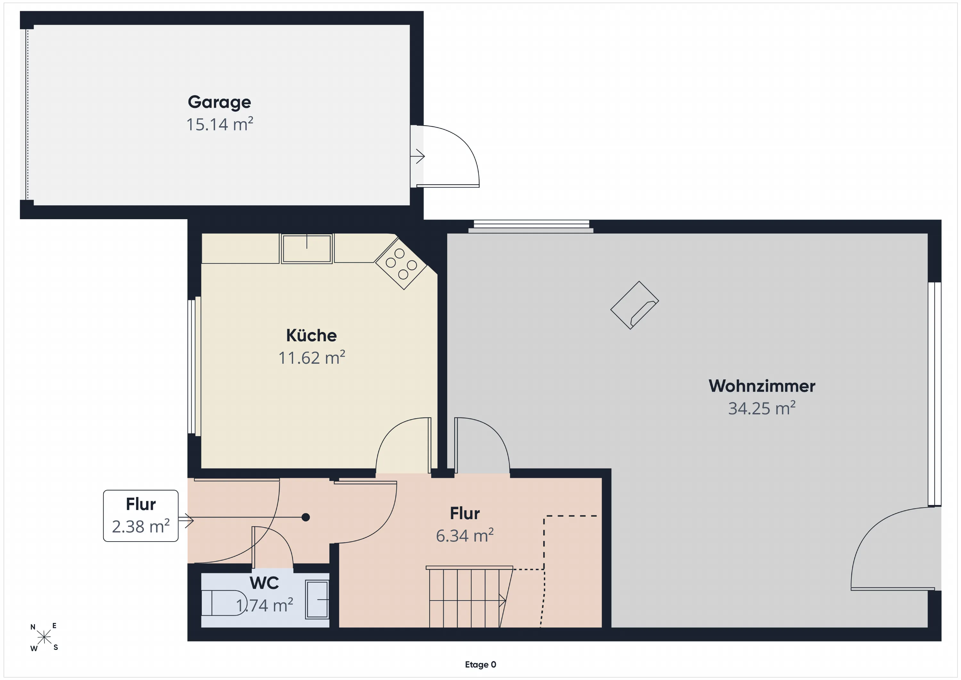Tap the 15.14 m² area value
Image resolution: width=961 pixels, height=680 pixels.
pos(220,124)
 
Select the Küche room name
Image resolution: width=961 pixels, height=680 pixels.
pos(311,336)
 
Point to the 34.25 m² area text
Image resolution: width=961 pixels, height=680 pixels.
pos(762,408)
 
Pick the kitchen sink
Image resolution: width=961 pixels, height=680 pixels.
pos(307,249)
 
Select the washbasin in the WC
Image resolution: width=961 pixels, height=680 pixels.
pos(317,600)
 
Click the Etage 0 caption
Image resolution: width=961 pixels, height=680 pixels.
pos(481,665)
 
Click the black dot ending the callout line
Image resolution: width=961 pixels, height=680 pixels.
pos(306,518)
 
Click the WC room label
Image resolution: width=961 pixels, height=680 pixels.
pos(264,583)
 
